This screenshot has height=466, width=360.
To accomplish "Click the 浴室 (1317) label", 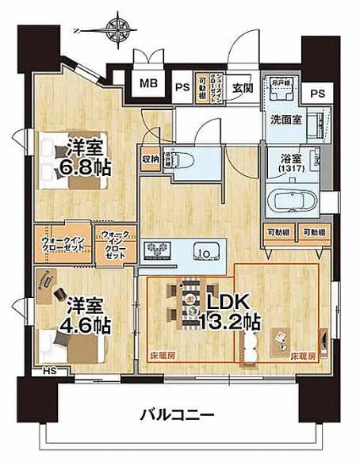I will [289, 162].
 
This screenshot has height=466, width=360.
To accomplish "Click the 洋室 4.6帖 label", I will [88, 315].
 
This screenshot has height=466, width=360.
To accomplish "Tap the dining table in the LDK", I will [190, 304].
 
